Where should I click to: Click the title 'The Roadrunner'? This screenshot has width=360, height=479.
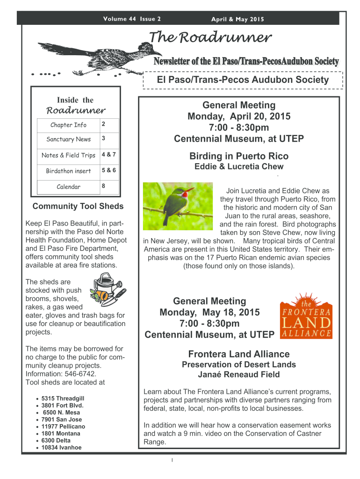click(x=209, y=37)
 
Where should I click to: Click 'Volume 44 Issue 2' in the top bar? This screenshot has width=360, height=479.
click(x=131, y=19)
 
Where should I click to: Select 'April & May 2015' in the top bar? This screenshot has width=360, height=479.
click(x=238, y=19)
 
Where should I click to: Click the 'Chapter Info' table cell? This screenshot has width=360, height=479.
click(x=68, y=125)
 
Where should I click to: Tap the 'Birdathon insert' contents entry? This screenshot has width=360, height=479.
click(x=68, y=171)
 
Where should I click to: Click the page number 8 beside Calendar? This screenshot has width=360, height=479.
click(x=104, y=186)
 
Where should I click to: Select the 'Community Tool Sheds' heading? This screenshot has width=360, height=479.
click(x=78, y=206)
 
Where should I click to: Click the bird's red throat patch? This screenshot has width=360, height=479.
click(x=188, y=192)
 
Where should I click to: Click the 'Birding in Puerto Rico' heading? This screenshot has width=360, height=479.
click(x=239, y=156)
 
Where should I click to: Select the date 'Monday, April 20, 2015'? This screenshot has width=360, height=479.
click(x=239, y=116)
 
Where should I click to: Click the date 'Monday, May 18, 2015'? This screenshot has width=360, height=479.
click(x=209, y=312)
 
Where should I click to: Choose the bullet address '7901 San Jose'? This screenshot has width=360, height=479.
click(x=61, y=420)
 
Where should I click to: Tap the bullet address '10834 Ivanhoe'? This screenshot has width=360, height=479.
click(x=61, y=448)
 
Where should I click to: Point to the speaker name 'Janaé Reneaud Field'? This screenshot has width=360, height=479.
click(x=239, y=374)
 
